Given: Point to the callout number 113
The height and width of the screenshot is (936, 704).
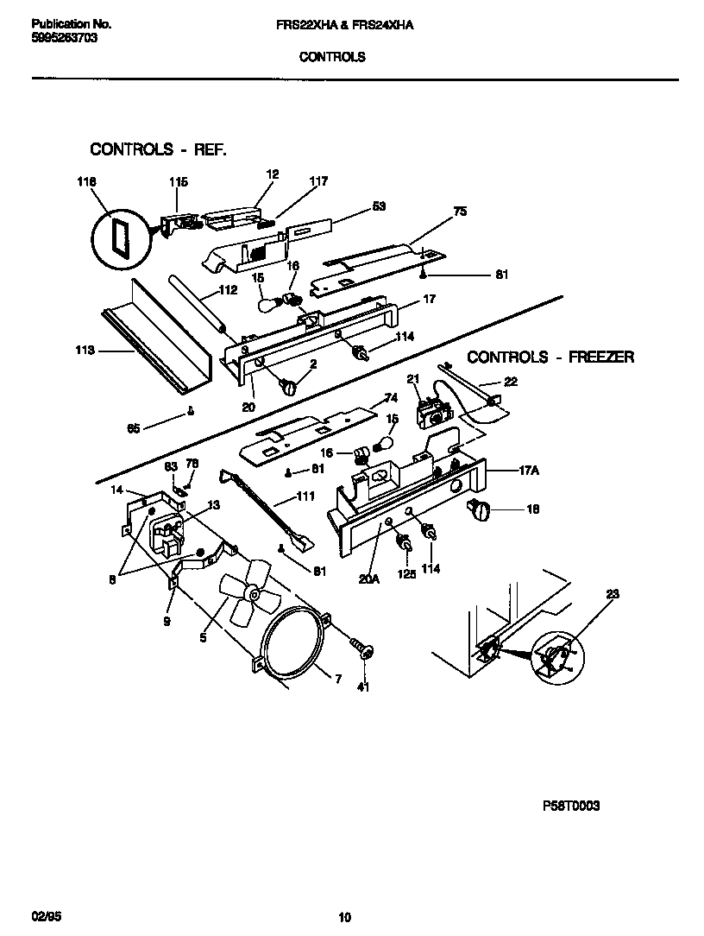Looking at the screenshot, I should click(x=85, y=351).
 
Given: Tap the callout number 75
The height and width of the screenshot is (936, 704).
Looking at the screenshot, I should click(x=460, y=211).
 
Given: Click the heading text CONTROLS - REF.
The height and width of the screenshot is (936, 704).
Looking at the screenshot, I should click(x=159, y=149).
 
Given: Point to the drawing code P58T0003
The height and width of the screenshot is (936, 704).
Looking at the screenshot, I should click(x=570, y=806).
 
